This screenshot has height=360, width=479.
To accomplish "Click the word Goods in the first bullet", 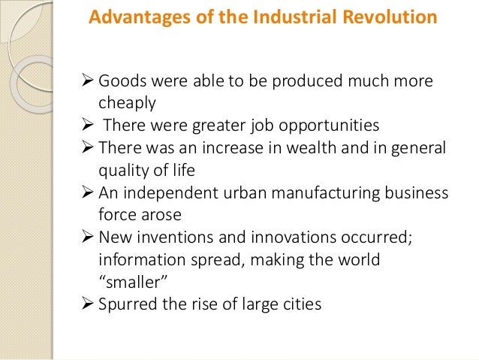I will click(x=120, y=80).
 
